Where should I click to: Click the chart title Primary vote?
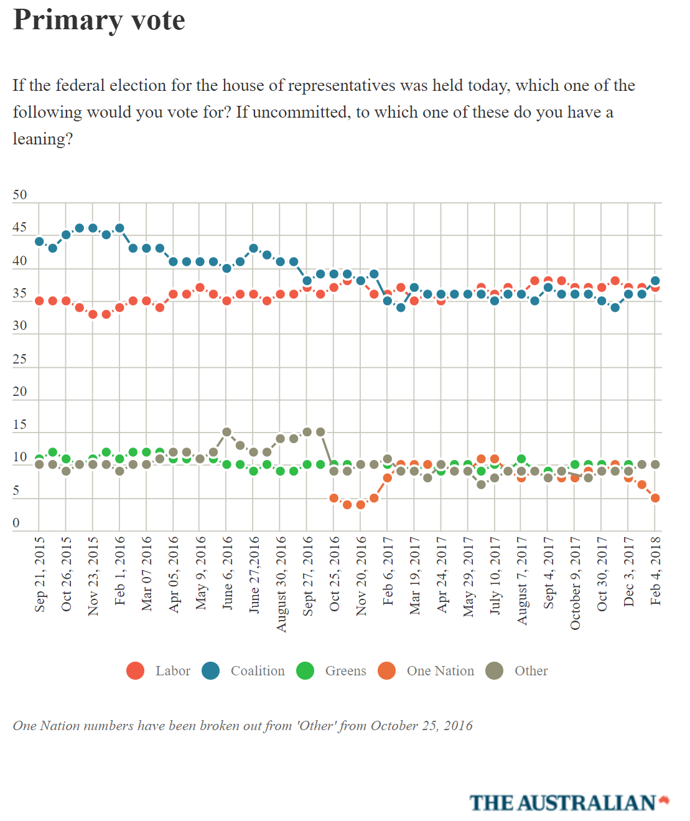(x=99, y=20)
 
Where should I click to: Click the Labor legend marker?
(x=135, y=671)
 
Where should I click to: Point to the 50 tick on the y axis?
(x=20, y=195)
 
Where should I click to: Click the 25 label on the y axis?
(x=20, y=359)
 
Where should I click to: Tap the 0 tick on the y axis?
(x=16, y=523)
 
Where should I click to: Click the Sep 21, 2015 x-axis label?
(x=40, y=574)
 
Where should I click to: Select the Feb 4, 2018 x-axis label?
(x=655, y=570)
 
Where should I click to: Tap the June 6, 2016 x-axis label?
(x=227, y=573)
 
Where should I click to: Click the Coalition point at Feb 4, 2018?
(x=655, y=281)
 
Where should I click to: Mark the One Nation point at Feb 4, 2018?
(x=655, y=498)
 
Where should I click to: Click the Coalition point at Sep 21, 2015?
(x=39, y=242)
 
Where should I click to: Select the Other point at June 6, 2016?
(x=227, y=432)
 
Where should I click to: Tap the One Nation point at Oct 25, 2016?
(x=334, y=498)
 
